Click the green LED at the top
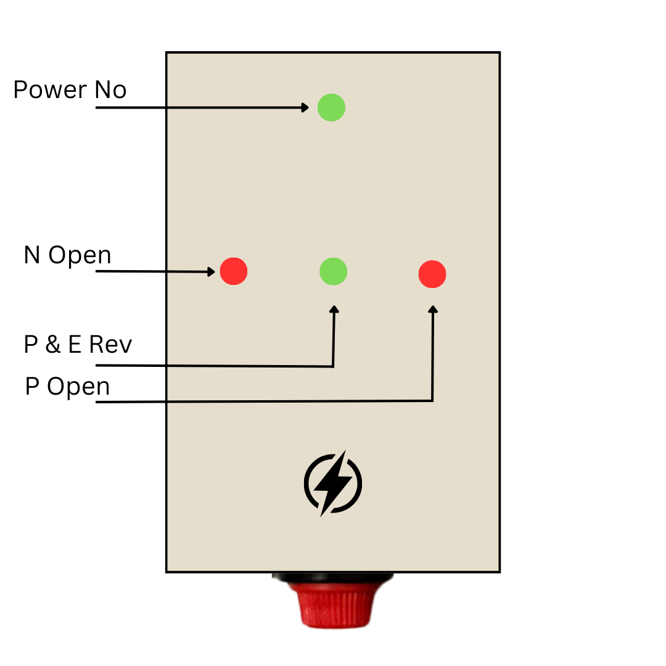click(331, 107)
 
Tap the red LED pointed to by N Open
click(234, 271)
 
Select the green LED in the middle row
click(334, 271)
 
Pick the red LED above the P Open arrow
click(432, 274)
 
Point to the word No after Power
click(110, 89)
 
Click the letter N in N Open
click(32, 255)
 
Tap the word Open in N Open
click(80, 256)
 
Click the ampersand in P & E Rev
click(52, 344)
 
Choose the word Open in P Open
click(78, 387)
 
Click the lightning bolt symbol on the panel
click(333, 483)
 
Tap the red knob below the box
click(334, 604)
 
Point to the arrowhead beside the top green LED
click(305, 107)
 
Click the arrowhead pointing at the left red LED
click(211, 271)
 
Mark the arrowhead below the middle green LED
click(334, 309)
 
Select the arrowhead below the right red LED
click(433, 309)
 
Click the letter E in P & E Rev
click(75, 344)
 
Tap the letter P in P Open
click(32, 386)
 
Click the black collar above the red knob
click(333, 578)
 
